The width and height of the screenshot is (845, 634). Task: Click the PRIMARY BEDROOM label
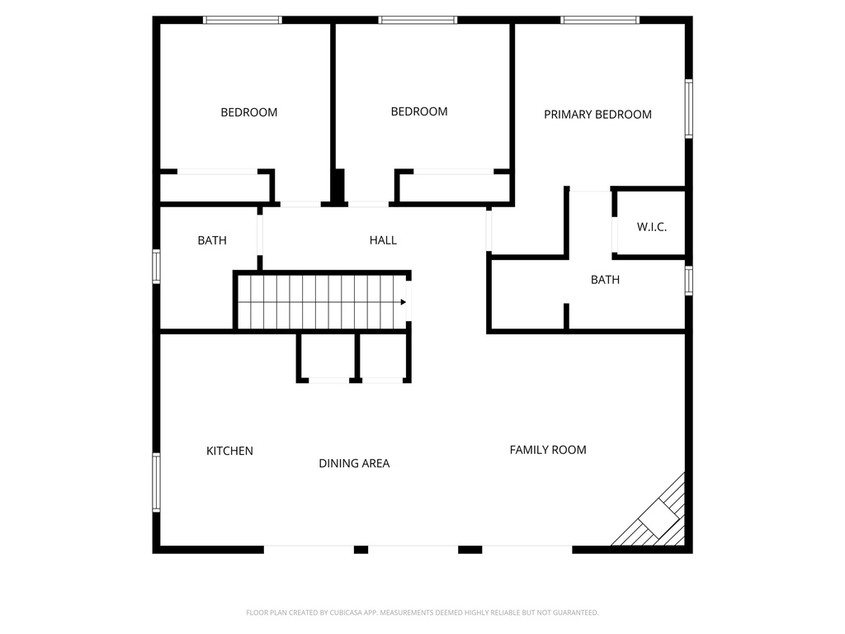597,114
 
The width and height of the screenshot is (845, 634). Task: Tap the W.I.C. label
652,227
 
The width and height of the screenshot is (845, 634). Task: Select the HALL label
383,240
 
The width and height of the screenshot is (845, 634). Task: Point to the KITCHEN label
229,451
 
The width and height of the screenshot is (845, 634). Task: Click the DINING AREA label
354,463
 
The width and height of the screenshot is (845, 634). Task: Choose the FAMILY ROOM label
548,450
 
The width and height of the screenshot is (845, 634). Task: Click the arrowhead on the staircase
403,302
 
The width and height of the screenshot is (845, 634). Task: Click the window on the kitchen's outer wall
156,482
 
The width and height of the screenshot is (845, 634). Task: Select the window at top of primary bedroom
600,20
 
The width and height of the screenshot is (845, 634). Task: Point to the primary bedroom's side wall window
689,108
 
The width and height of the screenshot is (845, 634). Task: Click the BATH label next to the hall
212,240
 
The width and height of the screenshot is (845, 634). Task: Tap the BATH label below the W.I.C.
605,280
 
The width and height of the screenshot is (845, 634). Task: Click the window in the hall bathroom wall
156,267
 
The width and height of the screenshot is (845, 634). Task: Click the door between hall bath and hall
260,235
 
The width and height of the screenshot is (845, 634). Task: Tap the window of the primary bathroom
689,281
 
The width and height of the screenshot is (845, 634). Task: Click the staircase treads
323,301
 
